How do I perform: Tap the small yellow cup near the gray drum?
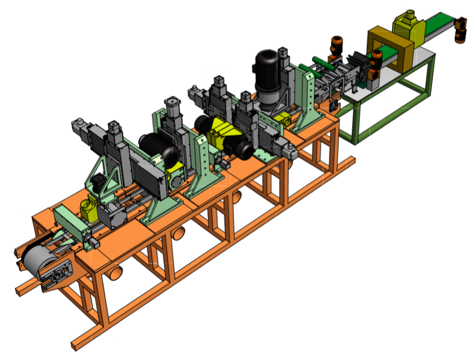tap(86, 209)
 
